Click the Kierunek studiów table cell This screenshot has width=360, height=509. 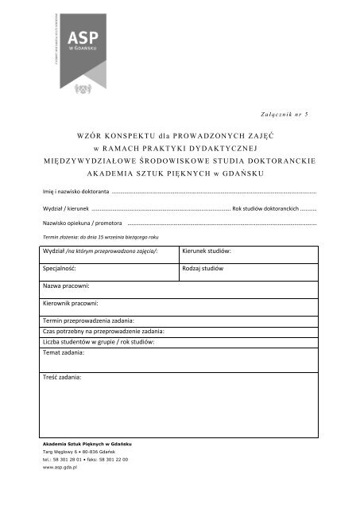206,251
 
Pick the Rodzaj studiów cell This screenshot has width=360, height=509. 203,269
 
